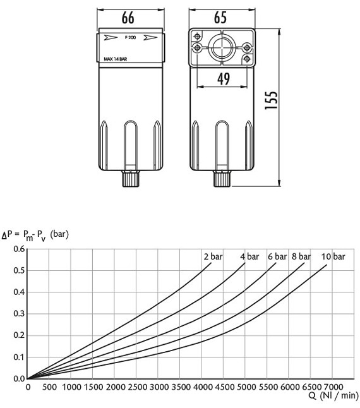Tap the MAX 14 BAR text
coord(116,61)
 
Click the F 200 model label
coord(131,39)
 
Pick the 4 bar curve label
coord(249,256)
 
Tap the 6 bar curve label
coord(278,256)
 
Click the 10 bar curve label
coord(333,256)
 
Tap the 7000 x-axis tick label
coord(333,387)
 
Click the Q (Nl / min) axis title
coord(333,397)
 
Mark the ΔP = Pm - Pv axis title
coord(35,234)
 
